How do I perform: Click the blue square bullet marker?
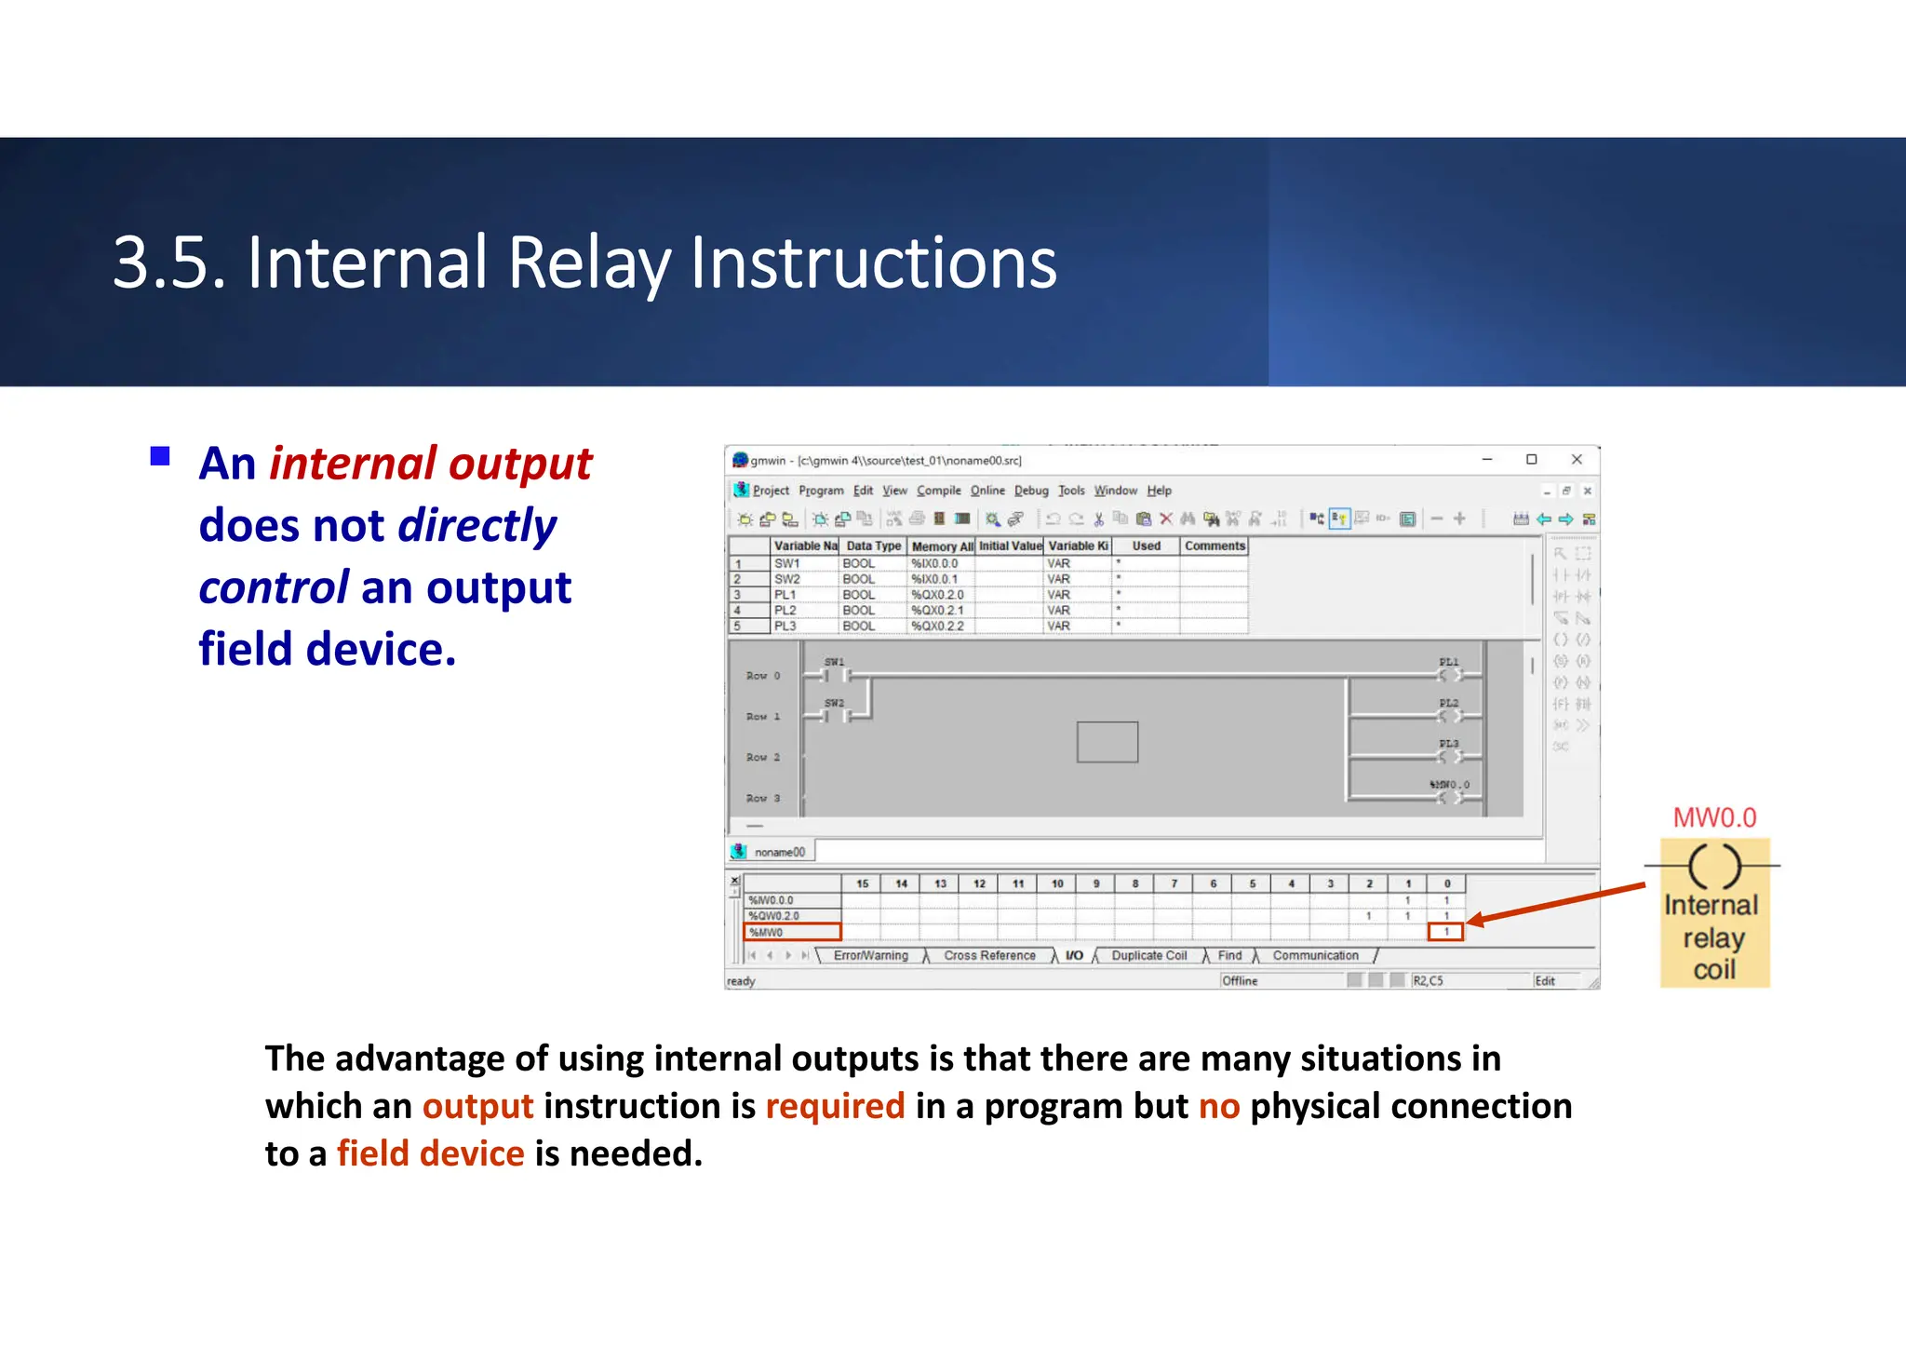tap(160, 456)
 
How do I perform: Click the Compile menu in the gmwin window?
tap(938, 491)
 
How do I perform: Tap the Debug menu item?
tap(1030, 491)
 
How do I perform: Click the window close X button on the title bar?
tap(1577, 459)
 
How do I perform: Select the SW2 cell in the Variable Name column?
tap(787, 579)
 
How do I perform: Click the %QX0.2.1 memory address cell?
tap(937, 611)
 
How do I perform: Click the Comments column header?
tap(1214, 546)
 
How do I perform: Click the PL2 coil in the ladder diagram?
tap(1450, 715)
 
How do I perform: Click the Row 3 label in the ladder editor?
tap(763, 799)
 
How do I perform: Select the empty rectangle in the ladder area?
tap(1107, 742)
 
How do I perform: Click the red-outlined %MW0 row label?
tap(792, 932)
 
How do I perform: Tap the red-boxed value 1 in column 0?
tap(1446, 932)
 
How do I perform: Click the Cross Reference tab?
tap(989, 956)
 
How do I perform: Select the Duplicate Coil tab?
tap(1148, 956)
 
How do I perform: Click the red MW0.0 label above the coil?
tap(1714, 817)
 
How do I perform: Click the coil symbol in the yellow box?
tap(1713, 866)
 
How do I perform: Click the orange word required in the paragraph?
tap(835, 1106)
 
